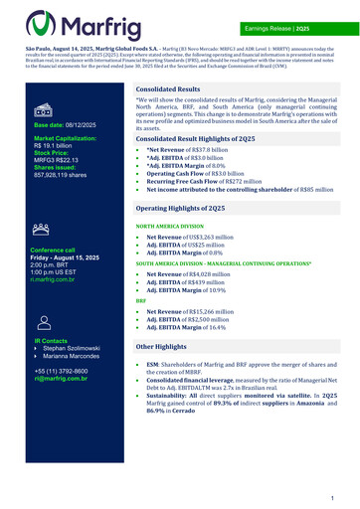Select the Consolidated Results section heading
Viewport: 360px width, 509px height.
tap(169, 88)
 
